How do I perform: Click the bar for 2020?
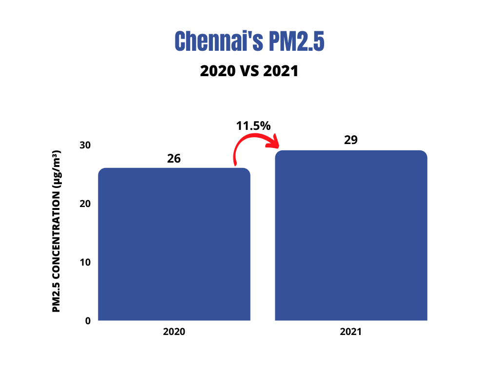(174, 244)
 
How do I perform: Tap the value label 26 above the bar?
(174, 159)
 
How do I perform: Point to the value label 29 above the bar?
(351, 140)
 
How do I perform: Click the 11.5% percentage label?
(253, 125)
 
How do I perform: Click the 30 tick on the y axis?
(85, 145)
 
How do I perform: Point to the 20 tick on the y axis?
(85, 204)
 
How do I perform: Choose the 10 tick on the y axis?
(85, 262)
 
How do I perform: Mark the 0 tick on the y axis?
(88, 321)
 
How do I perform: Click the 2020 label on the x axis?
(174, 332)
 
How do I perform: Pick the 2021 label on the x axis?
(351, 332)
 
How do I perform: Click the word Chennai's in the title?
(212, 42)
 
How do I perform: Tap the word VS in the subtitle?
(249, 71)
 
